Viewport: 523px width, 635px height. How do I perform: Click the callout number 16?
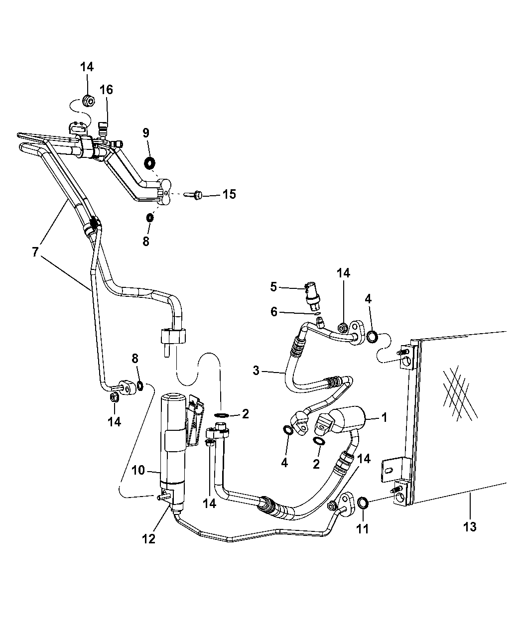pos(106,90)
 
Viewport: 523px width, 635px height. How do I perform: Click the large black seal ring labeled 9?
pos(148,163)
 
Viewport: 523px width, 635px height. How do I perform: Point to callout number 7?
pos(35,252)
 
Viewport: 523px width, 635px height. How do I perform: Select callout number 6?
pos(273,312)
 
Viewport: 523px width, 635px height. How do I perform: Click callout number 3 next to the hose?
pos(256,370)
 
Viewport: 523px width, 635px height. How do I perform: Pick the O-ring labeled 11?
pos(363,502)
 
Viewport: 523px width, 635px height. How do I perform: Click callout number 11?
pos(363,528)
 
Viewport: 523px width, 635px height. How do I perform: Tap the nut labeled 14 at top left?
pos(87,102)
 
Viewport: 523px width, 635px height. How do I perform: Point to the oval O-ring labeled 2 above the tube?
pos(222,415)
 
